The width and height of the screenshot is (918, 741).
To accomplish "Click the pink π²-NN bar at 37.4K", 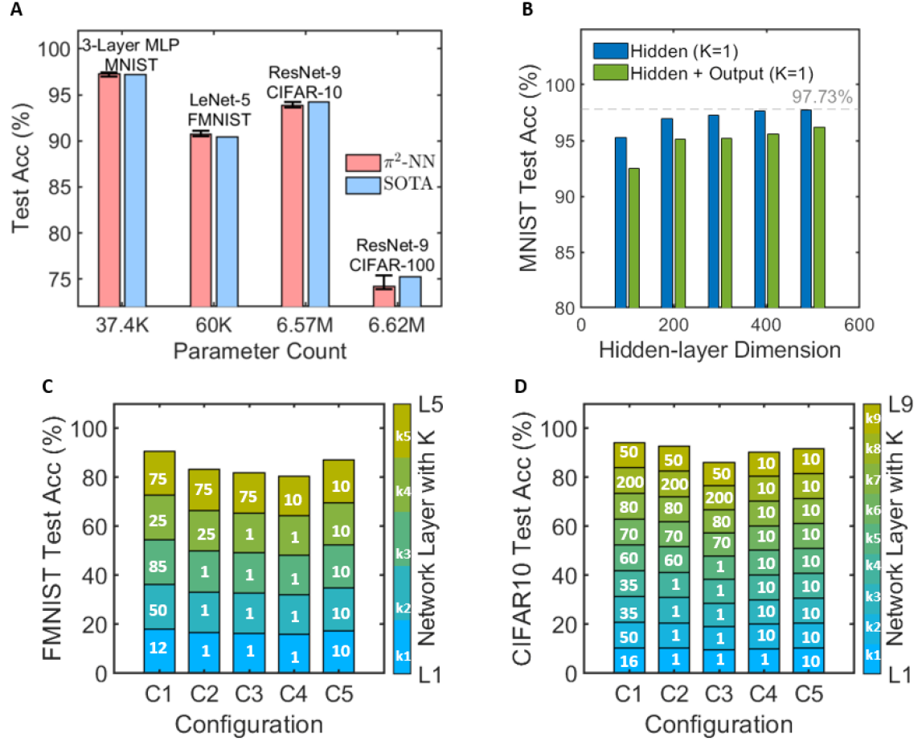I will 108,189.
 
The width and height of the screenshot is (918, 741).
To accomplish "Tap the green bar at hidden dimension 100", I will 634,238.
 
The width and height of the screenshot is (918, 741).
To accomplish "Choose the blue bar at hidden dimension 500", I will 805,208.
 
